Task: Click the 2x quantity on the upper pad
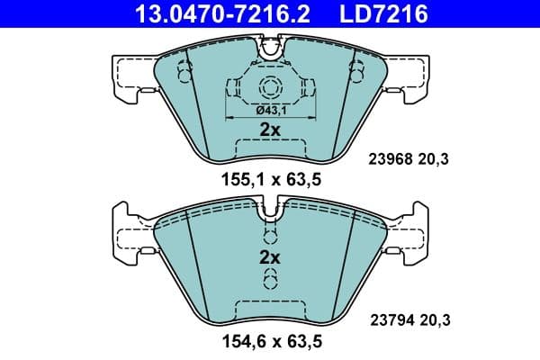[x=270, y=130]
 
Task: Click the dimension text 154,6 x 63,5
[x=271, y=342]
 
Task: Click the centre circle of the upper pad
[x=270, y=87]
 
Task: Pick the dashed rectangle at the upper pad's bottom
[x=270, y=148]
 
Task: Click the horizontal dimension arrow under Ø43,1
[x=270, y=118]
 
